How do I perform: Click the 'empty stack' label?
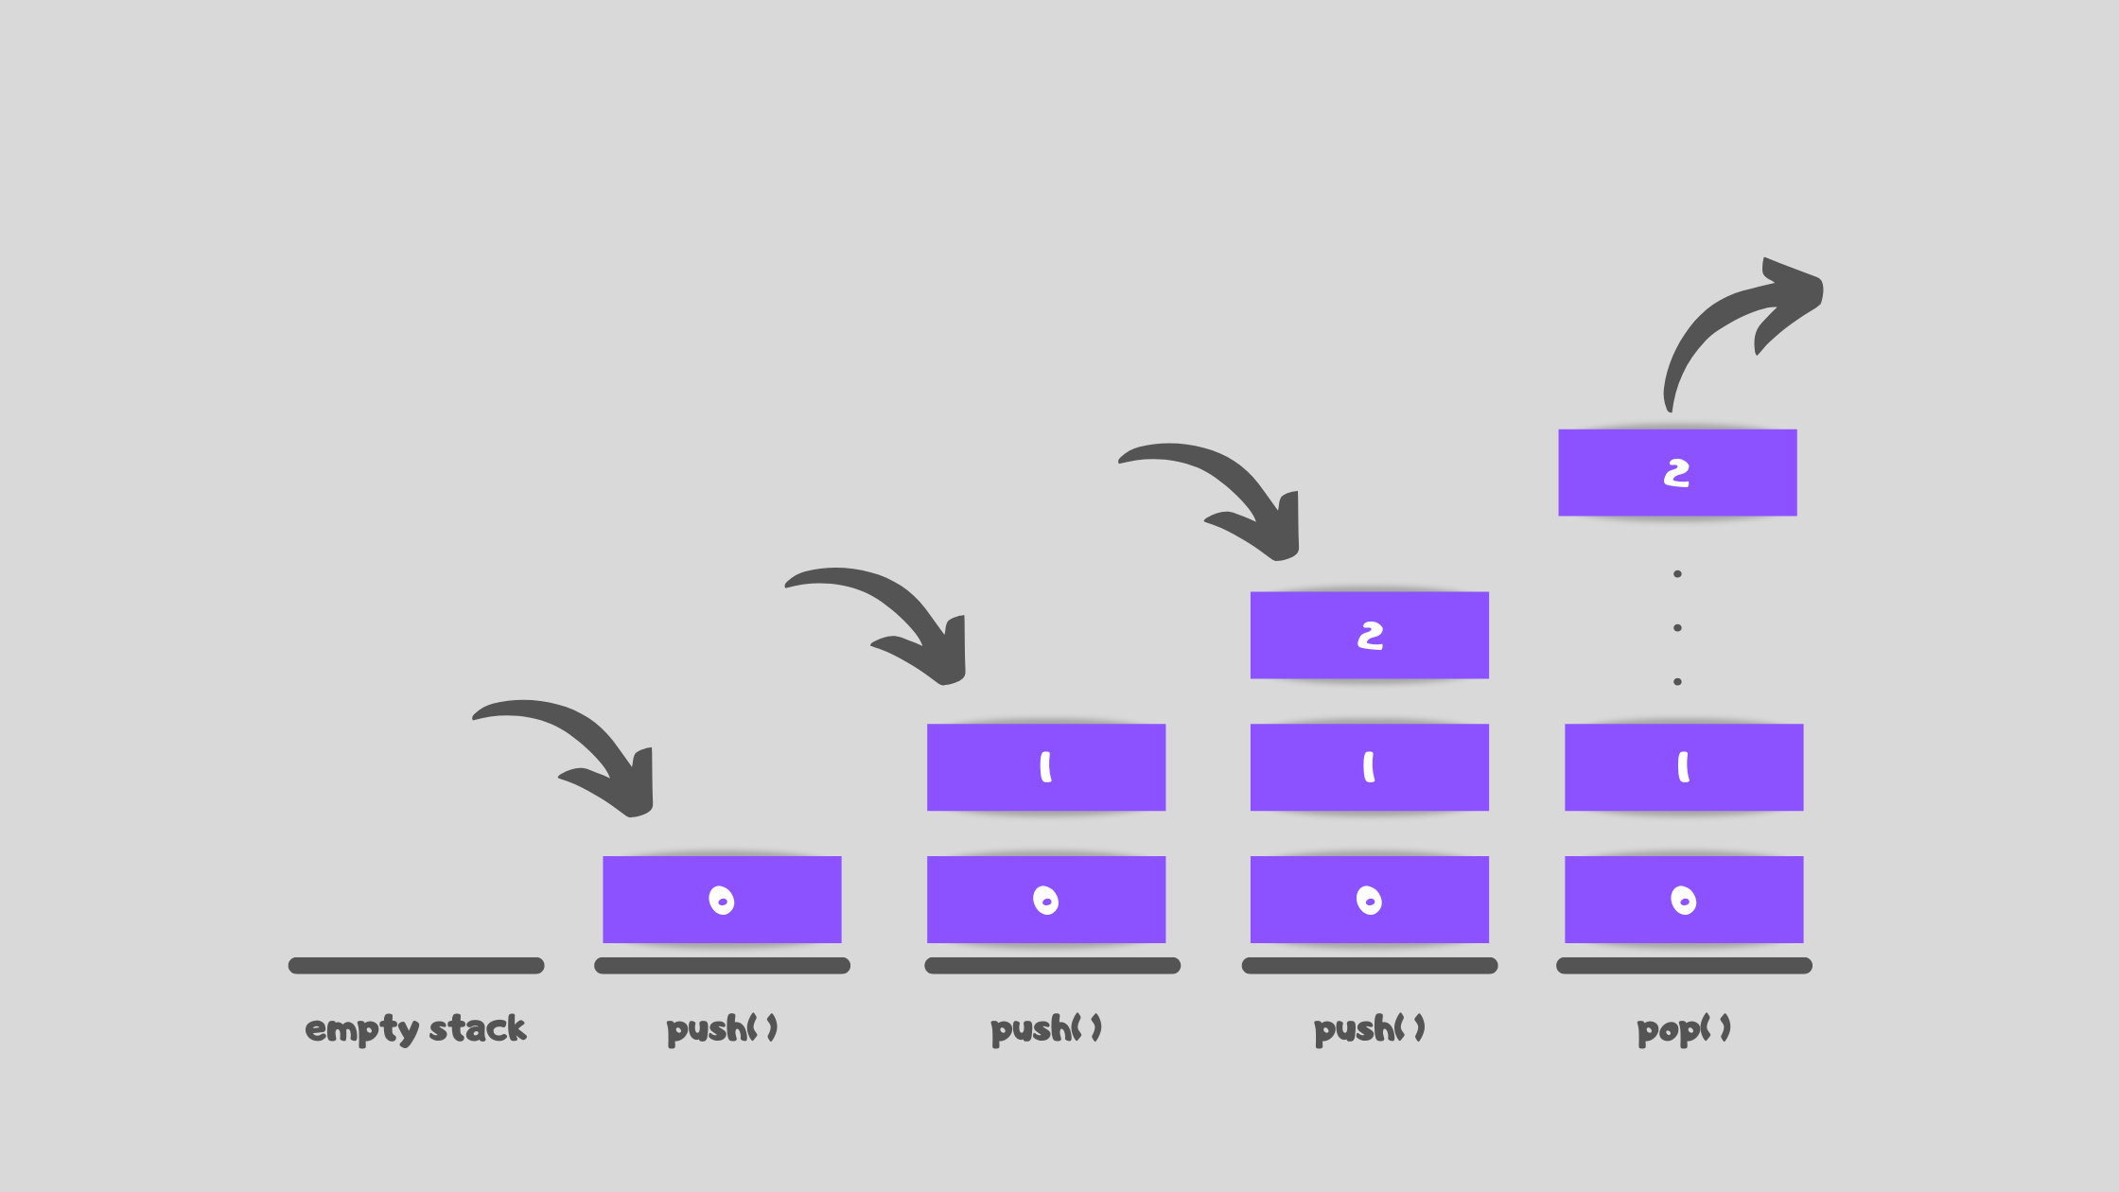[x=415, y=1028]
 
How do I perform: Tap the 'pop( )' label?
[x=1684, y=1028]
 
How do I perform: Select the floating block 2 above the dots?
[x=1677, y=473]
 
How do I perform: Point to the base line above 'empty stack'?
[x=416, y=966]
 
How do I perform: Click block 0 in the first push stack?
[x=722, y=900]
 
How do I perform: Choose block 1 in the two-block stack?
[x=1046, y=767]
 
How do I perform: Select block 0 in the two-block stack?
[x=1046, y=900]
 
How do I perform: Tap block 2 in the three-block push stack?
[x=1370, y=636]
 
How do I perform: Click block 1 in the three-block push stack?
[x=1370, y=767]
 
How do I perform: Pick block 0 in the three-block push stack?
[x=1370, y=900]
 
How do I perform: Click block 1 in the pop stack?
[x=1684, y=767]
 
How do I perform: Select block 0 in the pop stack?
[x=1684, y=900]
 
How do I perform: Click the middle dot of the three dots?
[x=1677, y=628]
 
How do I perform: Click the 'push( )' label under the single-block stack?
[x=722, y=1028]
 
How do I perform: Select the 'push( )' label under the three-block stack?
[x=1370, y=1028]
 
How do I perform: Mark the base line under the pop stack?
[x=1684, y=966]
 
